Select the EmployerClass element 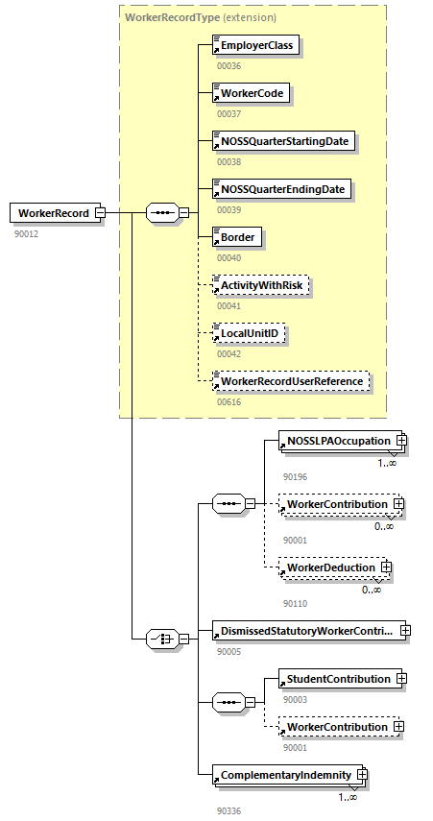pyautogui.click(x=255, y=45)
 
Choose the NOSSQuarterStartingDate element pyautogui.click(x=283, y=141)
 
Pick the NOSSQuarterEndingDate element pyautogui.click(x=281, y=189)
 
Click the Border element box pyautogui.click(x=237, y=237)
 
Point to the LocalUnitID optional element pyautogui.click(x=249, y=333)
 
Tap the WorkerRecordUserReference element pyautogui.click(x=291, y=381)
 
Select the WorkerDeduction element pyautogui.click(x=330, y=567)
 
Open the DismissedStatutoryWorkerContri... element pyautogui.click(x=305, y=631)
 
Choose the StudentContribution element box pyautogui.click(x=337, y=679)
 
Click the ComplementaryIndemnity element pyautogui.click(x=285, y=774)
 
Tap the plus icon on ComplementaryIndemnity pyautogui.click(x=362, y=774)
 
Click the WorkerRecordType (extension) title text pyautogui.click(x=200, y=17)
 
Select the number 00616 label pyautogui.click(x=229, y=401)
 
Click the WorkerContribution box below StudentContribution pyautogui.click(x=337, y=727)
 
